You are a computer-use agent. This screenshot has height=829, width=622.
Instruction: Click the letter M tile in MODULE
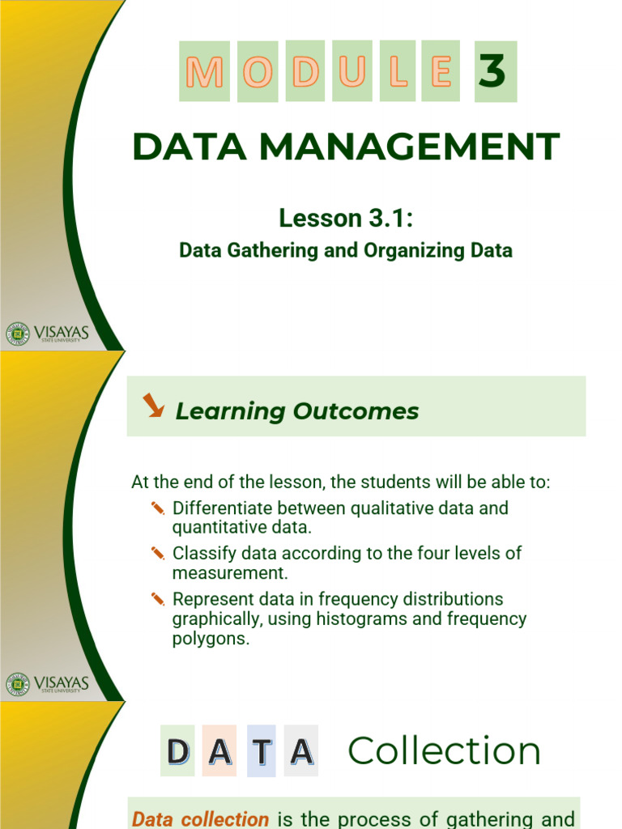click(204, 71)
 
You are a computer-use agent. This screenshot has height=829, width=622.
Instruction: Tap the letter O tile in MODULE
click(258, 71)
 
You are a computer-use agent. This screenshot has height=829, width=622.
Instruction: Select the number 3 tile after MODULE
click(496, 71)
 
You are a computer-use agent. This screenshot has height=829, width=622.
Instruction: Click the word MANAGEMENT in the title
click(409, 147)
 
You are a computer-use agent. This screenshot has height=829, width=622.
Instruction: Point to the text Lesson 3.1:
click(346, 218)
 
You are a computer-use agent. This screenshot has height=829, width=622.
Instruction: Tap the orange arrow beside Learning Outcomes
click(153, 405)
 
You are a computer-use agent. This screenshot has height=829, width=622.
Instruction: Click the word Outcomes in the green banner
click(356, 411)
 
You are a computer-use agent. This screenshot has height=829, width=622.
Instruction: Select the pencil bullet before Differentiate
click(158, 508)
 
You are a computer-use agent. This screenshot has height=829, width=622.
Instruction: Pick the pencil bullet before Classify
click(158, 553)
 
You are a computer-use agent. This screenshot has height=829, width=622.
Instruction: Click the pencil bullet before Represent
click(158, 599)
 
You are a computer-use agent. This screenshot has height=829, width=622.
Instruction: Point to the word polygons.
click(211, 639)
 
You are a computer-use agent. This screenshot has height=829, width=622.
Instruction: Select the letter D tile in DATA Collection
click(177, 750)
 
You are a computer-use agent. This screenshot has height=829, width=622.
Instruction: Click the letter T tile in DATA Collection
click(262, 750)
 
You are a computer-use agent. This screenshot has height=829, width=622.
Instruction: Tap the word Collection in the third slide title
click(445, 750)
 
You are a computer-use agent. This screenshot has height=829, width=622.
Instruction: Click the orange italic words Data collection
click(200, 819)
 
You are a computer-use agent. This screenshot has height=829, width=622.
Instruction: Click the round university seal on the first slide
click(18, 334)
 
